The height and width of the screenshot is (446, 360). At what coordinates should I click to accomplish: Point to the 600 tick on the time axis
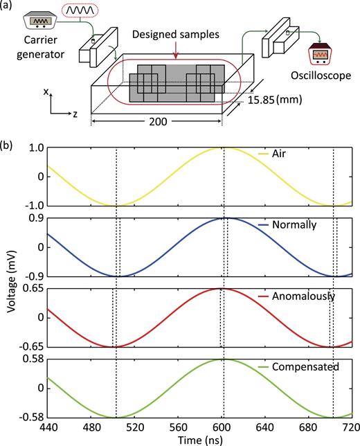[222, 427]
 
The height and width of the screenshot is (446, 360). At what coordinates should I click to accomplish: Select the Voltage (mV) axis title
[9, 283]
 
